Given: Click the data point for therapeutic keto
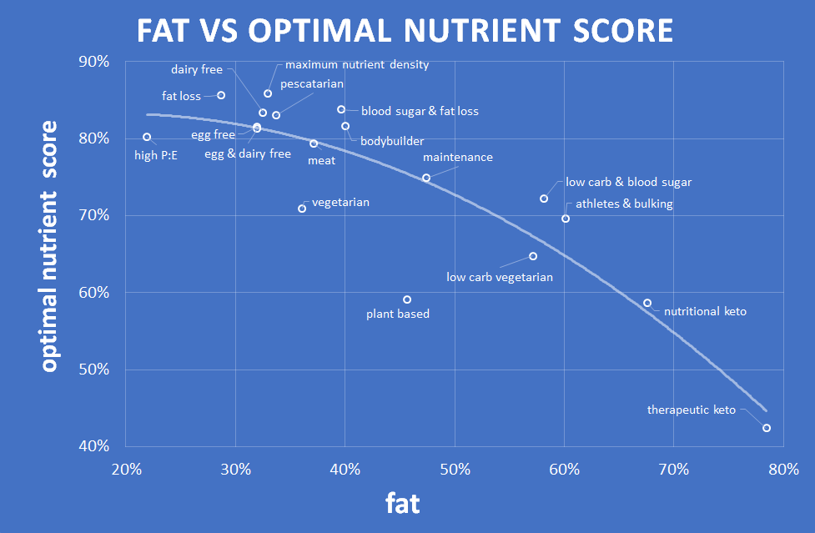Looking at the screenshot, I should point(767,428).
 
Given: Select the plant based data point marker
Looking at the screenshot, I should point(407,299).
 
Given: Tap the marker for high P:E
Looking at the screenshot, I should point(147,137).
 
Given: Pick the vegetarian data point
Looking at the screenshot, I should point(302,209).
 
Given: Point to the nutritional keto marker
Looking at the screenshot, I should point(647,303).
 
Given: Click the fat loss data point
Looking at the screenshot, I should point(221,95).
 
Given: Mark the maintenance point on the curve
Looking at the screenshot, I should point(426,178).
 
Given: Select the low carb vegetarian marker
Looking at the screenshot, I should point(533,256).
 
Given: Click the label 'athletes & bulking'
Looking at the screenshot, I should point(619,204).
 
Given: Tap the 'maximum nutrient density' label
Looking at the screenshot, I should point(357,64).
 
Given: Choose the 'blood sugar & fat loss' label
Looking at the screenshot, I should point(420,111).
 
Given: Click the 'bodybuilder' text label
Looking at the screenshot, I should point(392,141).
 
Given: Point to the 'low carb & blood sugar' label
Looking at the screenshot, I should point(628,182).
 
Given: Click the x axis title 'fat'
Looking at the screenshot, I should point(402,503).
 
